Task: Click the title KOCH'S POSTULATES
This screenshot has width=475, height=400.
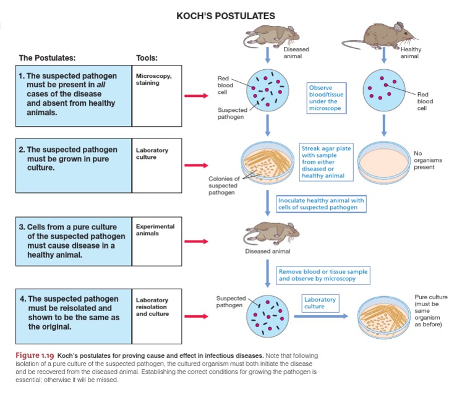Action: pyautogui.click(x=226, y=15)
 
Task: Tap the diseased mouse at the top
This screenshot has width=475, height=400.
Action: pyautogui.click(x=268, y=35)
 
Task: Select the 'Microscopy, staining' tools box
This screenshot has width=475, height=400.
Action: pyautogui.click(x=157, y=96)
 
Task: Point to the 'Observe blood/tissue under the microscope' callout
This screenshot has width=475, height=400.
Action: pyautogui.click(x=325, y=98)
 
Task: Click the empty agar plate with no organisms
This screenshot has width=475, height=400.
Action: pyautogui.click(x=383, y=164)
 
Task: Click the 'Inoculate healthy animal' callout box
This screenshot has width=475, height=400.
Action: pyautogui.click(x=321, y=204)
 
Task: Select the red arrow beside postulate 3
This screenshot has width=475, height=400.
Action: pyautogui.click(x=199, y=240)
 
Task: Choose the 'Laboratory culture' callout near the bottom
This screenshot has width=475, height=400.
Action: pyautogui.click(x=320, y=302)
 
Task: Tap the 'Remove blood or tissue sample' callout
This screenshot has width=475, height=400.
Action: pyautogui.click(x=323, y=275)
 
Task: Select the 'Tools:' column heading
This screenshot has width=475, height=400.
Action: pyautogui.click(x=147, y=58)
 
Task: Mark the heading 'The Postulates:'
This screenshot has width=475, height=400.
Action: pyautogui.click(x=47, y=58)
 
